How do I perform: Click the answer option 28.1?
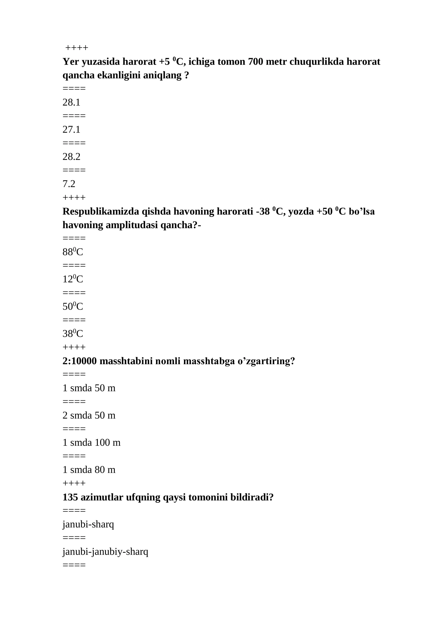pyautogui.click(x=71, y=102)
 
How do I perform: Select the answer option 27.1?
pyautogui.click(x=71, y=129)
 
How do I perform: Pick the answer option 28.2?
pyautogui.click(x=71, y=157)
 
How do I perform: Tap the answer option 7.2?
pyautogui.click(x=69, y=184)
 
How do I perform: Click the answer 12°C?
pyautogui.click(x=73, y=279)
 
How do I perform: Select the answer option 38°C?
pyautogui.click(x=73, y=334)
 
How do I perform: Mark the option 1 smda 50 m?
pyautogui.click(x=89, y=388)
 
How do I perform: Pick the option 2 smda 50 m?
pyautogui.click(x=89, y=415)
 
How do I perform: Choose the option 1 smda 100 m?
pyautogui.click(x=91, y=442)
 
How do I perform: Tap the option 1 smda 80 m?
pyautogui.click(x=89, y=470)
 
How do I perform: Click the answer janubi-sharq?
pyautogui.click(x=88, y=524)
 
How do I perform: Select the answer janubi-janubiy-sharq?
pyautogui.click(x=105, y=551)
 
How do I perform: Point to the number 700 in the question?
pyautogui.click(x=255, y=62)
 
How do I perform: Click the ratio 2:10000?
pyautogui.click(x=80, y=361)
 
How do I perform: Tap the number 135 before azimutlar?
pyautogui.click(x=70, y=497)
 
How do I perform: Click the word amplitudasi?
pyautogui.click(x=132, y=225)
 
